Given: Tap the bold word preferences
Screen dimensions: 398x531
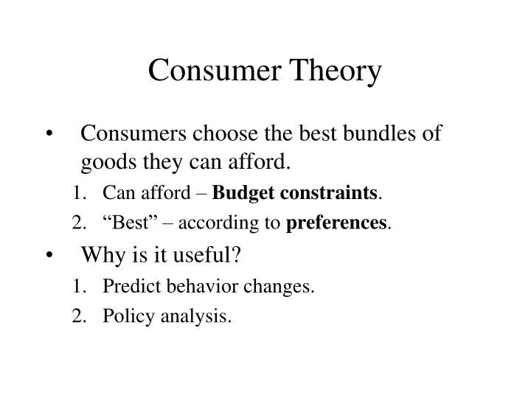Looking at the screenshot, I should click(336, 223).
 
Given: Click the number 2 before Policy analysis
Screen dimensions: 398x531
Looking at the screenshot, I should click(77, 317).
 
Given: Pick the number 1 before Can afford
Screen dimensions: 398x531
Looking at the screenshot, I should click(77, 194).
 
